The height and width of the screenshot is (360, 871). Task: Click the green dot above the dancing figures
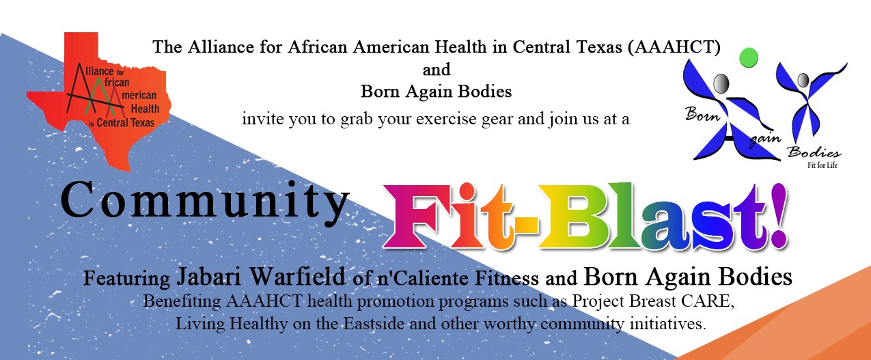click(748, 57)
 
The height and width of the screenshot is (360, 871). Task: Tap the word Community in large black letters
click(205, 203)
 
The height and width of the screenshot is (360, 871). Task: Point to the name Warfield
click(297, 277)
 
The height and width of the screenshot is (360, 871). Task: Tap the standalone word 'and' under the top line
click(437, 70)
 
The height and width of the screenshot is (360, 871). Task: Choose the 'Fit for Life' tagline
click(822, 165)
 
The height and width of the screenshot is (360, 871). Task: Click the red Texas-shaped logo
click(99, 101)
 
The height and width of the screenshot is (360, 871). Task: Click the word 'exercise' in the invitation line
click(446, 119)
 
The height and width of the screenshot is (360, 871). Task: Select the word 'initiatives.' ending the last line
click(667, 324)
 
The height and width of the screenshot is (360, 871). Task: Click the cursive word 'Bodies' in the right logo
click(814, 152)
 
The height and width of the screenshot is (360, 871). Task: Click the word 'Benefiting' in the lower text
click(182, 302)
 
